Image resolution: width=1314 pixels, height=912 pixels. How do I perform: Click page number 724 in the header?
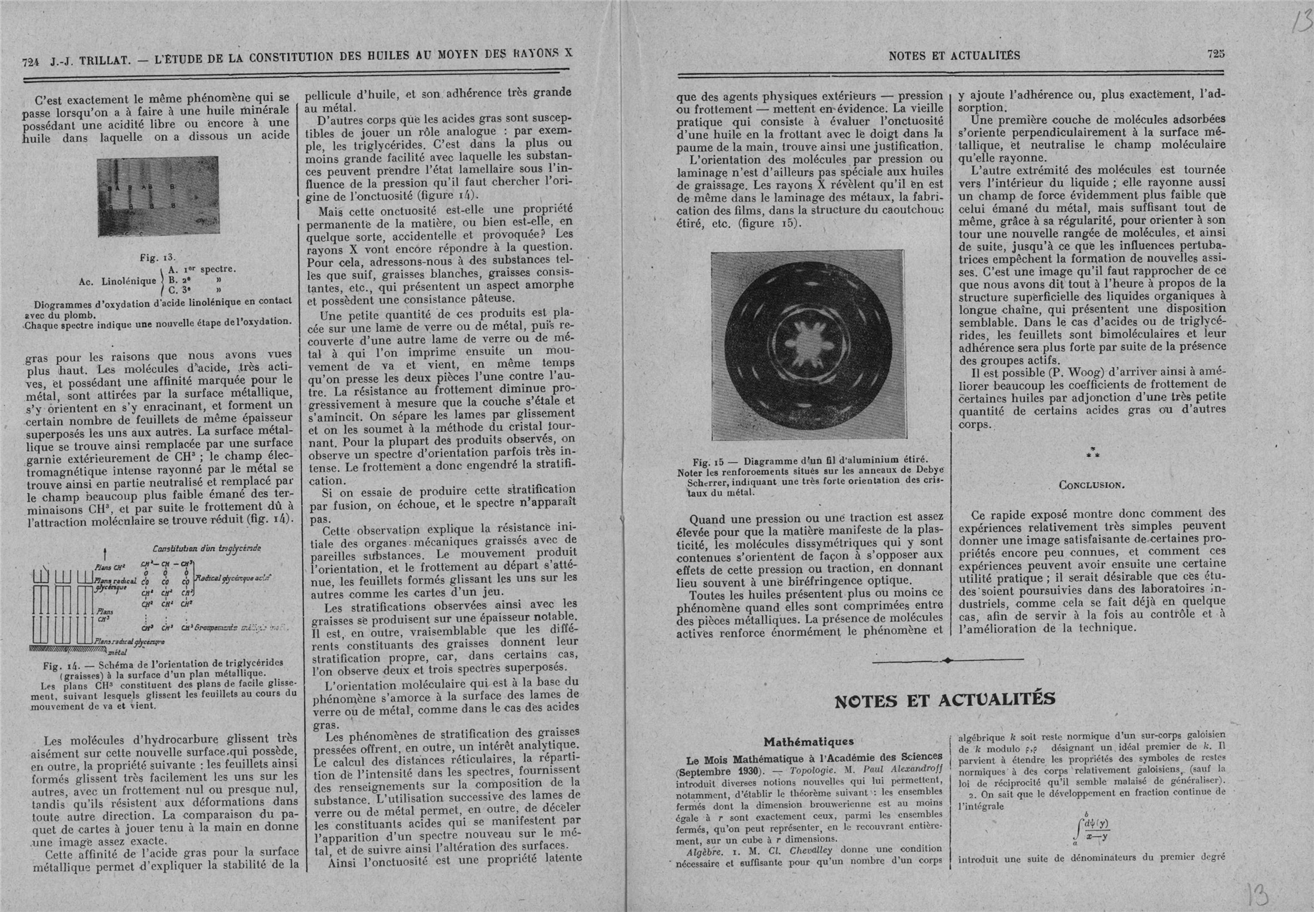[x=31, y=62]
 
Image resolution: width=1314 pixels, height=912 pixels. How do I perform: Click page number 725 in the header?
[x=1216, y=54]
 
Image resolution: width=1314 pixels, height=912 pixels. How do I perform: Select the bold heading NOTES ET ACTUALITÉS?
[x=945, y=700]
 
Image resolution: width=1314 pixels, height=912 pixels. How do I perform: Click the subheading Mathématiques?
[x=808, y=742]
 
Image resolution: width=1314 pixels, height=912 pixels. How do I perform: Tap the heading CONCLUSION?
[x=1092, y=485]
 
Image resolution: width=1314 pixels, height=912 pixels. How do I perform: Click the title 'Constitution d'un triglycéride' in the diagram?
[x=197, y=549]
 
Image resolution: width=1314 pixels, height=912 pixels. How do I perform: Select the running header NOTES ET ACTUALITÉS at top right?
[x=954, y=55]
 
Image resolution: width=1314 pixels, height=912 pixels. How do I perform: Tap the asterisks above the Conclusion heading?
[x=1092, y=452]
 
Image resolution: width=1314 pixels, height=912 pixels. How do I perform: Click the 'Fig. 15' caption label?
[x=710, y=462]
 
